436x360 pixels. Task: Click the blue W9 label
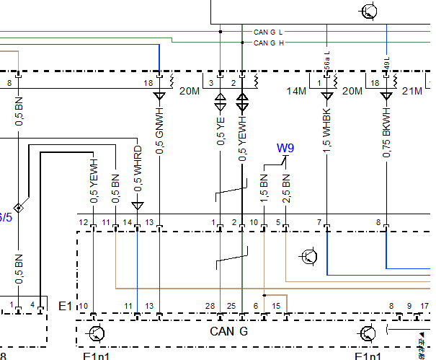[285, 149]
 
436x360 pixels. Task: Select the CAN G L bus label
[268, 32]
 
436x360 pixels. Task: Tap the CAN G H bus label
[268, 43]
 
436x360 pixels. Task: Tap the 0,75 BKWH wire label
[386, 133]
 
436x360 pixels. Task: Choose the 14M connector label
[296, 91]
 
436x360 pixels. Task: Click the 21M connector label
[411, 91]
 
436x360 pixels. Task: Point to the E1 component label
[65, 307]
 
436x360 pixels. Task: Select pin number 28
[210, 307]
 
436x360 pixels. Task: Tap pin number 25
[231, 307]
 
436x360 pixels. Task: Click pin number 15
[276, 307]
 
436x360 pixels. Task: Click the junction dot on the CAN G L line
[221, 32]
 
